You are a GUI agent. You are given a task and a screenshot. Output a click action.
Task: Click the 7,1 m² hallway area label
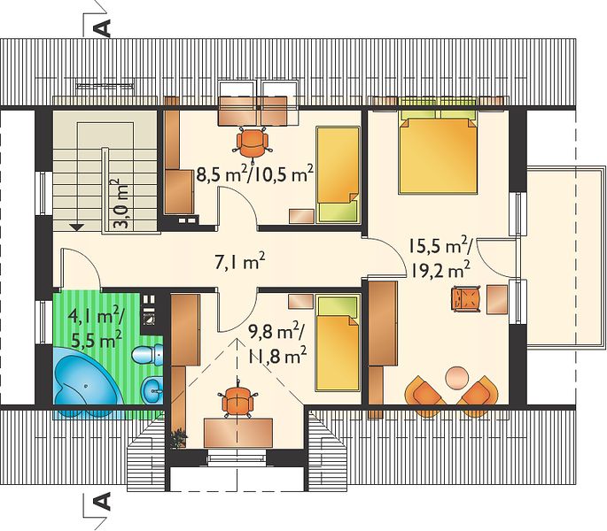239,261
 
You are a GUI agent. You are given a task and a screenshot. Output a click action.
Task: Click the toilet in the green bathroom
148,354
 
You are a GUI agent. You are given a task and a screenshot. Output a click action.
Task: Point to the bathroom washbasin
153,389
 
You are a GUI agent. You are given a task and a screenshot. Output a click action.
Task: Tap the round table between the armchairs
456,377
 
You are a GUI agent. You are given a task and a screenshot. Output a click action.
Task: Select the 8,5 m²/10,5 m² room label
254,174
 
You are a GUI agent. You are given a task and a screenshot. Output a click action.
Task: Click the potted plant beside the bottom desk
178,438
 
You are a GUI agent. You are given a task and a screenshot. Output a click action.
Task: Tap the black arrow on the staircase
77,227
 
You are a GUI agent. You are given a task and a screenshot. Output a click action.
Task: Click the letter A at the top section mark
103,27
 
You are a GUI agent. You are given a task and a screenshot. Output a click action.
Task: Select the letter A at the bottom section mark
103,502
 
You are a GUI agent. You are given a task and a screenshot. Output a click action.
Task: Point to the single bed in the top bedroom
338,175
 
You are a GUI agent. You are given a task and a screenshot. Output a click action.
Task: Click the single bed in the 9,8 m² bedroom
338,342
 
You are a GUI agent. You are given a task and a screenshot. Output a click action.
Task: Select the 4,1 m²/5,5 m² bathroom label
96,328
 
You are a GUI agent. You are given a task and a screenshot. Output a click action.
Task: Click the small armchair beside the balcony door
466,298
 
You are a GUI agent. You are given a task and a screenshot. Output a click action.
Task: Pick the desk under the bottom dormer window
238,433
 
